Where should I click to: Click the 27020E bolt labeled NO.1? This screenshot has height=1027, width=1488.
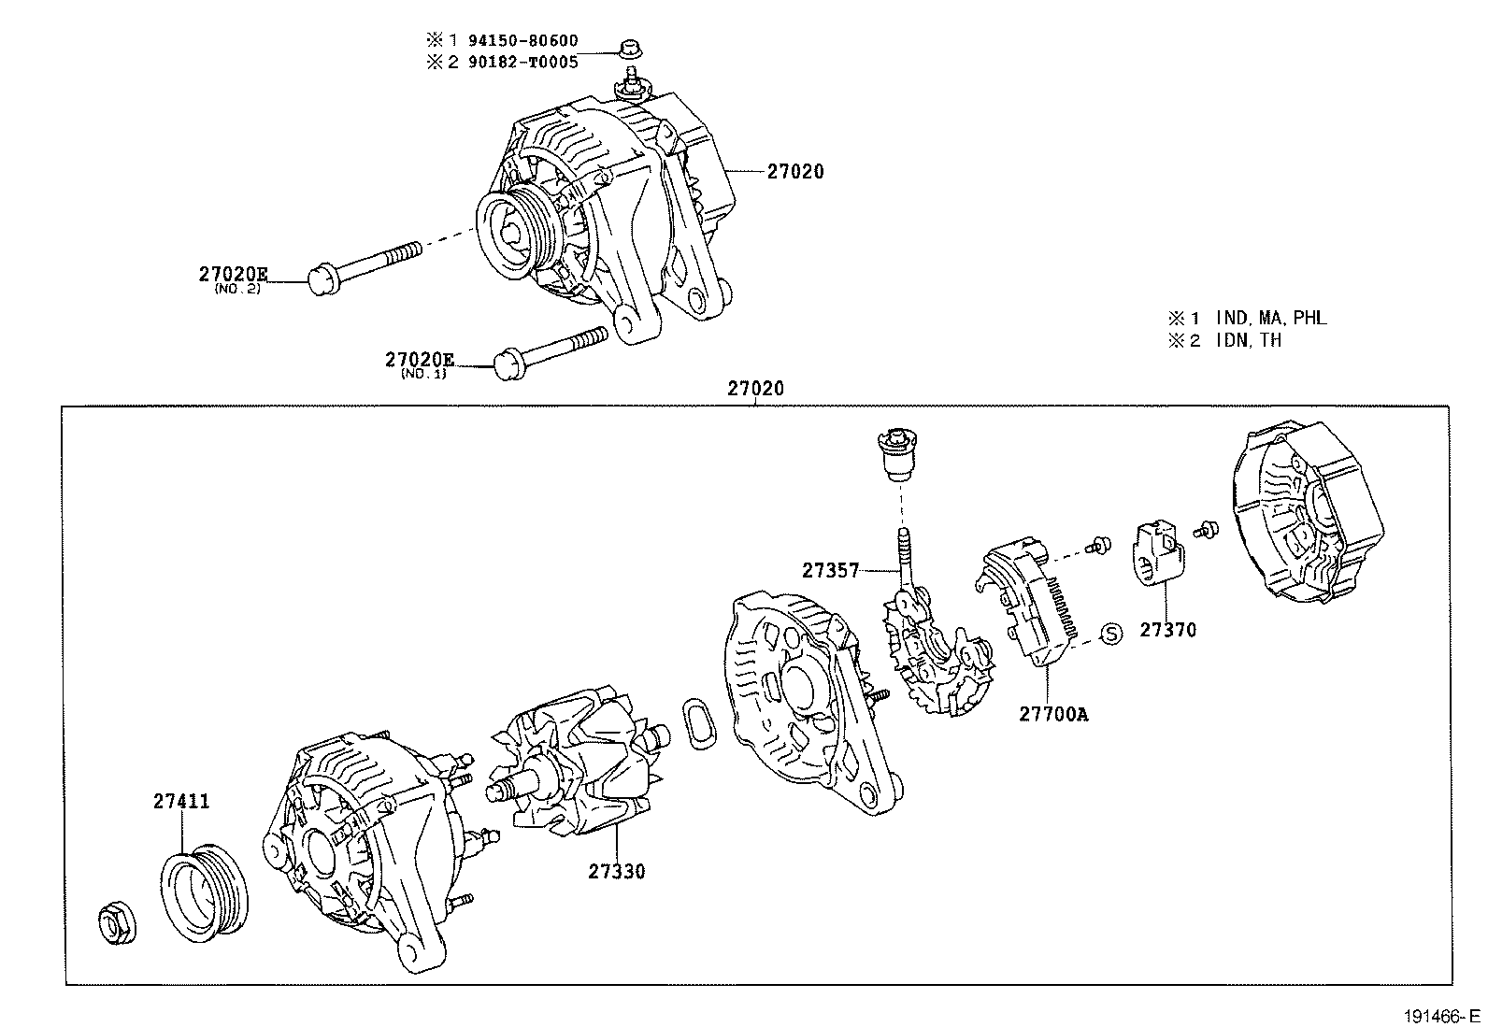[x=551, y=350]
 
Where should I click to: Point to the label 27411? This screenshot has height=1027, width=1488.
[x=181, y=802]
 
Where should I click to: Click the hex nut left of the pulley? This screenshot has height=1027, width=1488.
[x=116, y=923]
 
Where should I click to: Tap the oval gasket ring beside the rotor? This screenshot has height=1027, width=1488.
[x=699, y=722]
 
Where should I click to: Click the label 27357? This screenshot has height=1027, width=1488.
[x=830, y=570]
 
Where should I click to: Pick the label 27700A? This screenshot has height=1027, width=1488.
[x=1053, y=715]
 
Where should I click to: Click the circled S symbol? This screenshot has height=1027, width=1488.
[x=1110, y=635]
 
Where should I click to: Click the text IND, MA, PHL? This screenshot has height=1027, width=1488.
[x=1271, y=318]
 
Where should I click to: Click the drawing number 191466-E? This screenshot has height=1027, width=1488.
[x=1439, y=1016]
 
